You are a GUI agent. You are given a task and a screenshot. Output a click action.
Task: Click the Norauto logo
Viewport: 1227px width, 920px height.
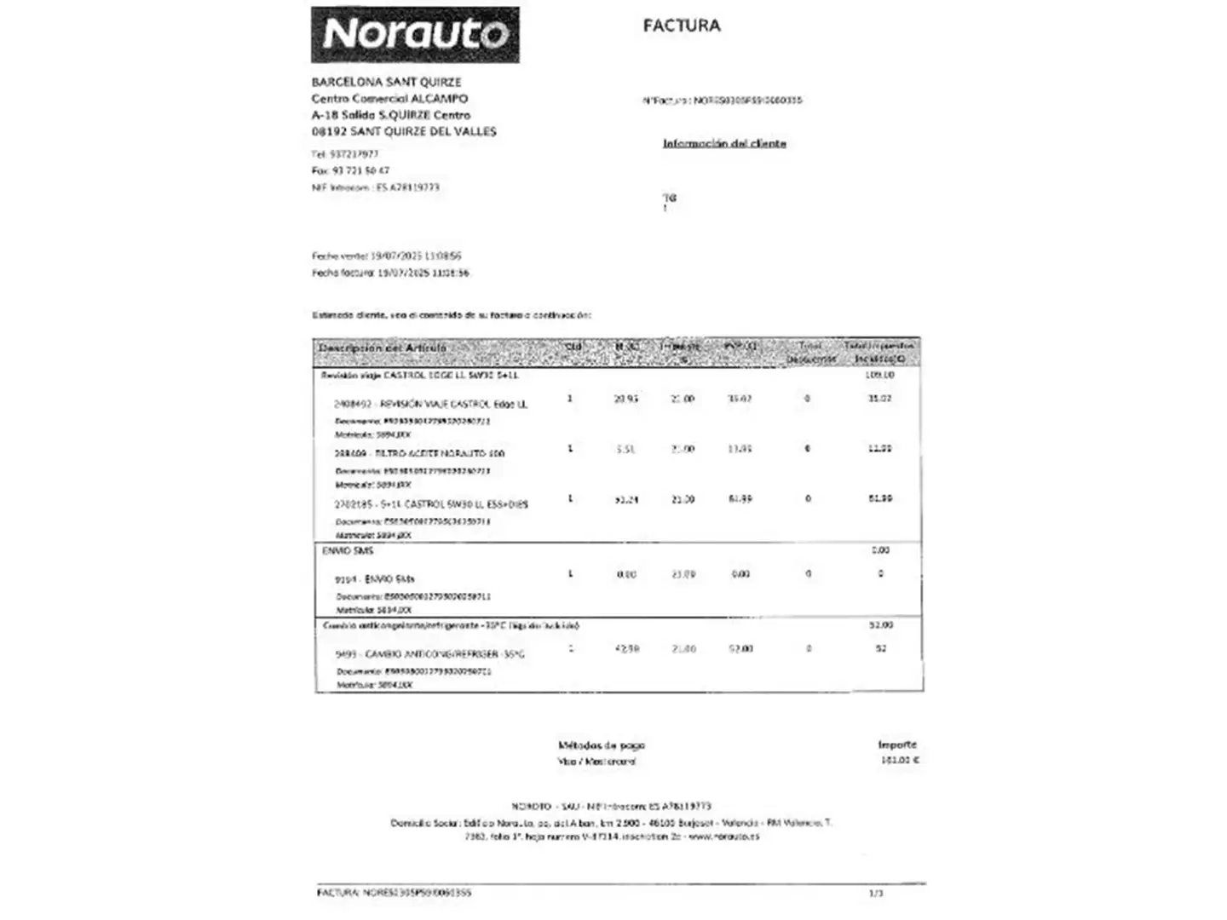[415, 35]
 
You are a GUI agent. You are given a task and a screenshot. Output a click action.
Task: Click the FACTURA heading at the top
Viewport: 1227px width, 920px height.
[682, 26]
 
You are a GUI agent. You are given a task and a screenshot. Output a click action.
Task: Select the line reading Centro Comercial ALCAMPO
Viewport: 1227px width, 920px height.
[389, 99]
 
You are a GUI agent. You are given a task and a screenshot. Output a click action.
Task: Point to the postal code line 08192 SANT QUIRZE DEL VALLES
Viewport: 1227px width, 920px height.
[404, 132]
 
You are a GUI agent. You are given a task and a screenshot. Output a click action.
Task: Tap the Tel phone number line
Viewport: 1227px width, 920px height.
[345, 155]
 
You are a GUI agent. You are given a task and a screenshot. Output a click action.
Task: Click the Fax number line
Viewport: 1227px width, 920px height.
[350, 171]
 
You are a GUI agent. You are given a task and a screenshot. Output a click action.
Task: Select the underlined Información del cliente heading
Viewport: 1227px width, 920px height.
[724, 144]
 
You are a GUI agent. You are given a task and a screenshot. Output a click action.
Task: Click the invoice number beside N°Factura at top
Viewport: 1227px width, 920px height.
[747, 101]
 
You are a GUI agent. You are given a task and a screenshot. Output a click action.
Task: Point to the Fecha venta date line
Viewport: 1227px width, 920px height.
[387, 256]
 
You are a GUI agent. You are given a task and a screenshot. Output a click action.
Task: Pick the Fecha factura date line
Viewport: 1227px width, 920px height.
[390, 273]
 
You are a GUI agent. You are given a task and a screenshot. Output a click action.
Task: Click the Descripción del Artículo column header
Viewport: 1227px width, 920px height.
[382, 348]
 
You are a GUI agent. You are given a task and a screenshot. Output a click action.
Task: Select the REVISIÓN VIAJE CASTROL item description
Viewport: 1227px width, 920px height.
[431, 404]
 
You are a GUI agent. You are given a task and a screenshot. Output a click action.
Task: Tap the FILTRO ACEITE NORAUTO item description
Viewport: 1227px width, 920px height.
[419, 454]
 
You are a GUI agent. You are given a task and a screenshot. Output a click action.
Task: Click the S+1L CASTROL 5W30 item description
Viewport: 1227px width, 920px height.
[431, 504]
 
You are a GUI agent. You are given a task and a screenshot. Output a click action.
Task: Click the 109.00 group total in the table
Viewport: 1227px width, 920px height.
[879, 375]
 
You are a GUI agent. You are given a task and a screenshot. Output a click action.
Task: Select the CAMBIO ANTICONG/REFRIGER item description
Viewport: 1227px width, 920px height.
[430, 654]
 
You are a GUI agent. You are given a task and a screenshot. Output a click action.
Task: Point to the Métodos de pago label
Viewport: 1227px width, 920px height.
[602, 745]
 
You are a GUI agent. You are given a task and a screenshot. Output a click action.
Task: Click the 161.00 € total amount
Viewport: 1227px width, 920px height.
[900, 760]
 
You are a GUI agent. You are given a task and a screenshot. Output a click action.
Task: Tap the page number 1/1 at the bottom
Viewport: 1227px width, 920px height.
[876, 893]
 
